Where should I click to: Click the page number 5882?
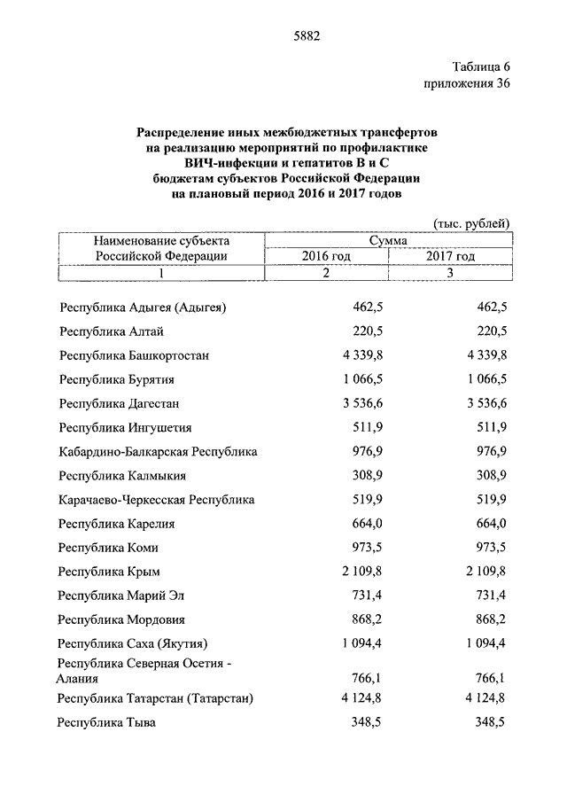(x=306, y=36)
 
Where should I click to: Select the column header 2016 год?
(x=326, y=256)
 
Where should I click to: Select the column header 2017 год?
(x=450, y=256)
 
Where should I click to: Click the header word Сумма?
(x=389, y=240)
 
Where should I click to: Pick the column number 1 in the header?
(x=162, y=273)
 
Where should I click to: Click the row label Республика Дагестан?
(x=120, y=403)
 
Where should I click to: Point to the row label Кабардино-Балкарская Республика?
(x=159, y=452)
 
